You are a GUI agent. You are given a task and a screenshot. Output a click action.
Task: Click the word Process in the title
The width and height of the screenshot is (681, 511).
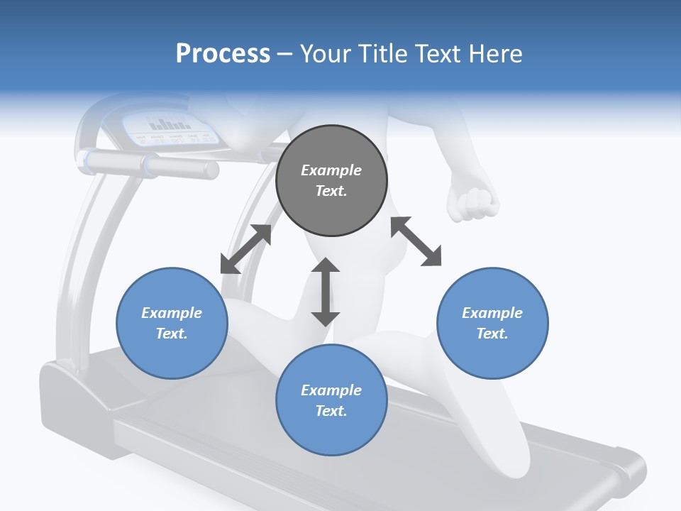pyautogui.click(x=223, y=54)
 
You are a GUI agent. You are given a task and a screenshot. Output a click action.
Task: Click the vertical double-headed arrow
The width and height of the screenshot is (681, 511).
pyautogui.click(x=326, y=292)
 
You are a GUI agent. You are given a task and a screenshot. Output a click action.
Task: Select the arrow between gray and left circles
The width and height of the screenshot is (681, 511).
pyautogui.click(x=245, y=249)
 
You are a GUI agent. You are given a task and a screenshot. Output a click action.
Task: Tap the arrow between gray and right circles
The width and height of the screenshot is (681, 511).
pyautogui.click(x=416, y=241)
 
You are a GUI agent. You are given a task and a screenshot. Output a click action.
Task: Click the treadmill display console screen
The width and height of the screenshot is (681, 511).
pyautogui.click(x=170, y=128)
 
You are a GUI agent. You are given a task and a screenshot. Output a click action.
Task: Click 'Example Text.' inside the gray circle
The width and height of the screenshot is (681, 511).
pyautogui.click(x=331, y=180)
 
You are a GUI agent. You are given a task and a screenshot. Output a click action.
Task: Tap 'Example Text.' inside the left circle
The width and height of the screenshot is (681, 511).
pyautogui.click(x=172, y=323)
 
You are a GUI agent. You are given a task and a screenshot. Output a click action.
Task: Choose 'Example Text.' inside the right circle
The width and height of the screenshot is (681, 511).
pyautogui.click(x=492, y=323)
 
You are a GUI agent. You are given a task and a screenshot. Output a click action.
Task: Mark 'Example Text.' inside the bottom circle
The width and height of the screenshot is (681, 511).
pyautogui.click(x=331, y=400)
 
